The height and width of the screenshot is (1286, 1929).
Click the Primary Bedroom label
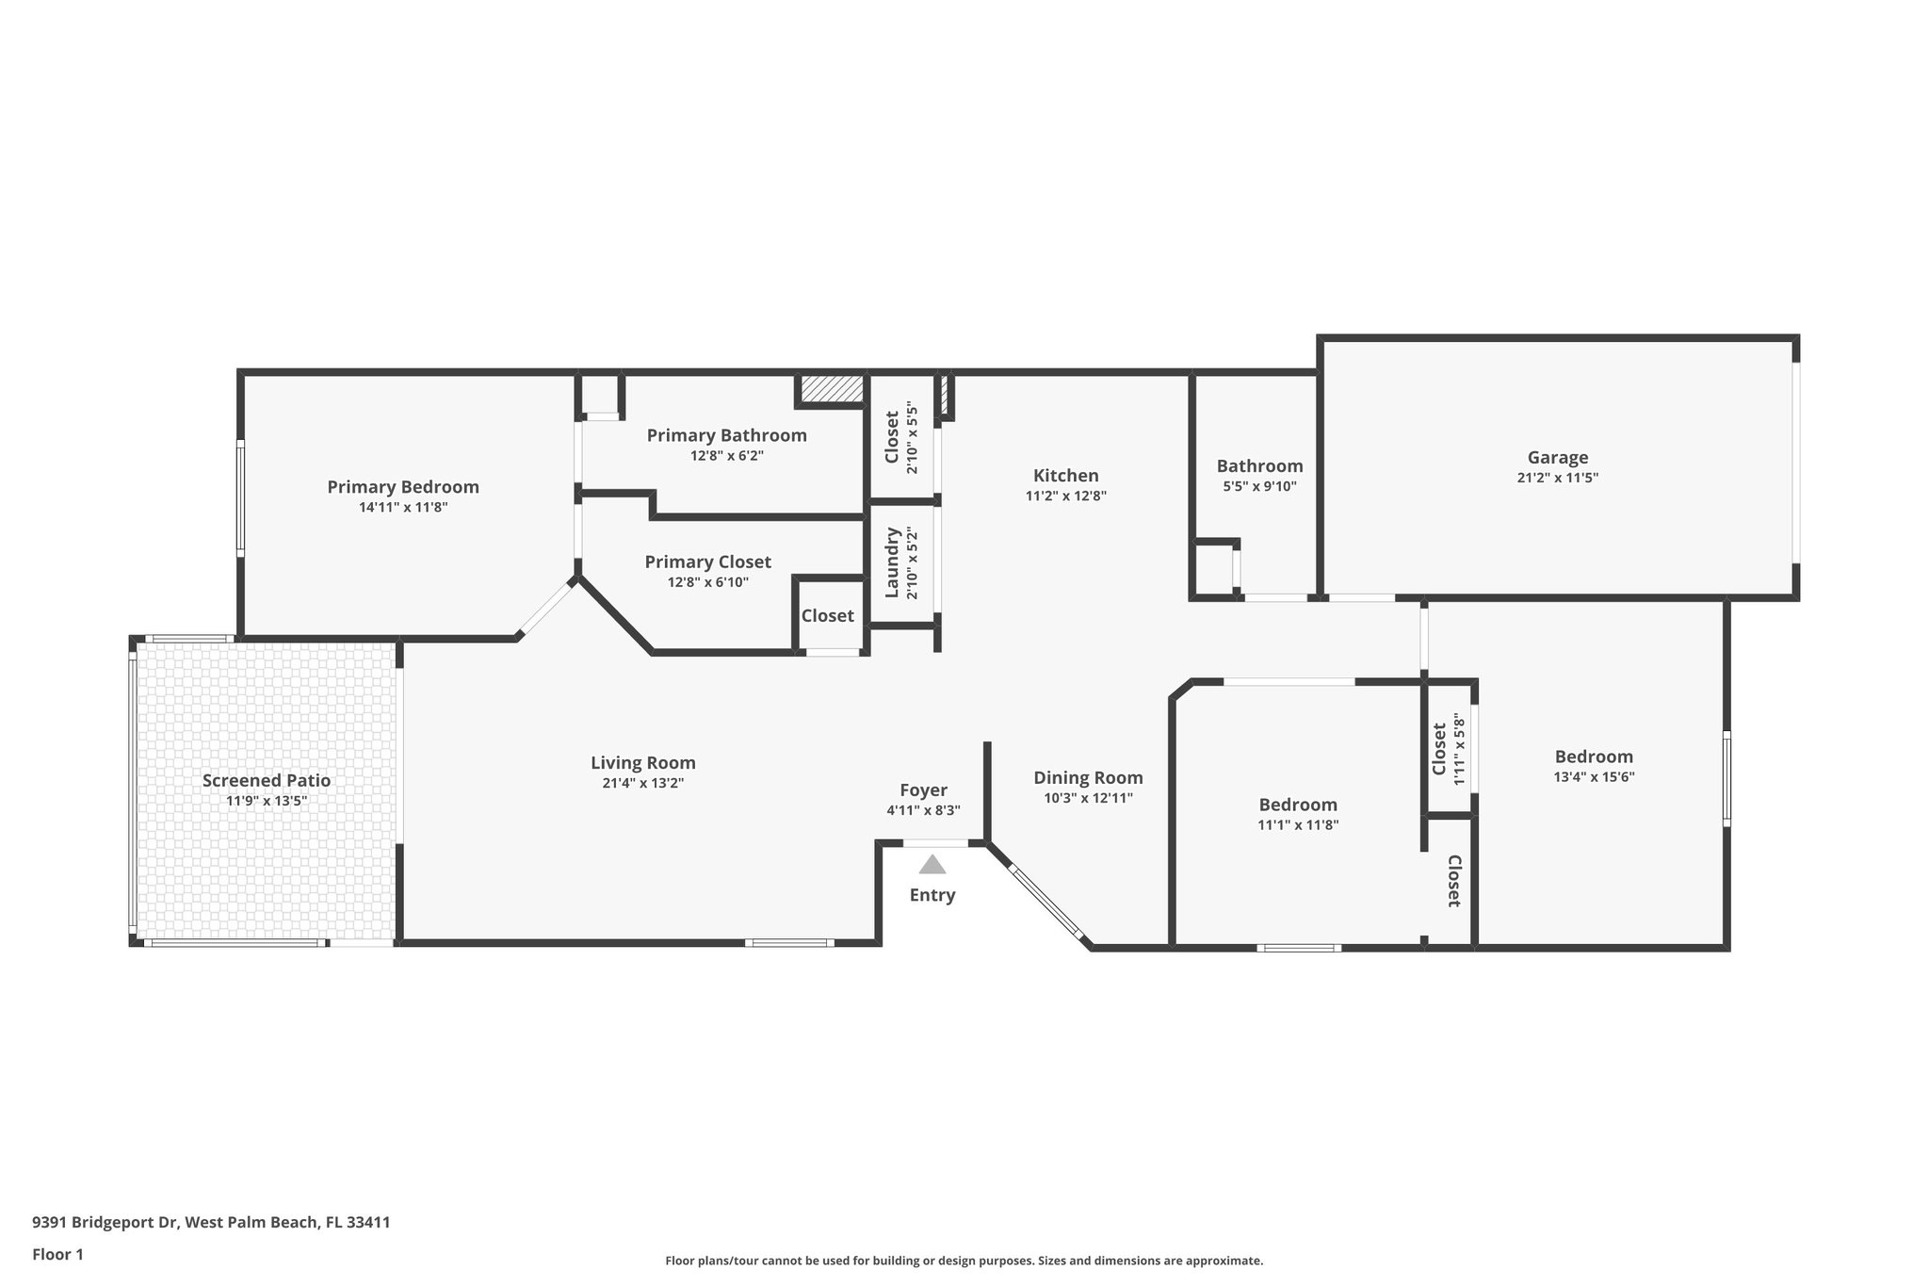click(403, 487)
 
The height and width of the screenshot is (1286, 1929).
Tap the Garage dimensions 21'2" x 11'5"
click(1557, 478)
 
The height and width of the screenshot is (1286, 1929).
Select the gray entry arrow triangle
click(932, 865)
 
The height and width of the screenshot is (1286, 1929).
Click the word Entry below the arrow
click(932, 895)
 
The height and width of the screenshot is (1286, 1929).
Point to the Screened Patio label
click(267, 780)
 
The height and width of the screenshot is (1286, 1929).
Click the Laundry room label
click(891, 563)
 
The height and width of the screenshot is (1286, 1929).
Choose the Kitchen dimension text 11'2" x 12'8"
click(1065, 496)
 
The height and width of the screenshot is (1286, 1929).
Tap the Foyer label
click(923, 790)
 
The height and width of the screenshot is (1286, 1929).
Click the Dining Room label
click(1088, 777)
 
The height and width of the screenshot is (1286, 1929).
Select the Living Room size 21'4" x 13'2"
click(643, 783)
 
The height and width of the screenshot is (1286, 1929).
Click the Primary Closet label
click(707, 562)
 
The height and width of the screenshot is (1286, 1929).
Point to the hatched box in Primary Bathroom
click(832, 388)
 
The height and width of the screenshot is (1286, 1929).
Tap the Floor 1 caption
click(57, 1254)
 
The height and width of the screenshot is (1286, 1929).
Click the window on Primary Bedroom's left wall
click(240, 498)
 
